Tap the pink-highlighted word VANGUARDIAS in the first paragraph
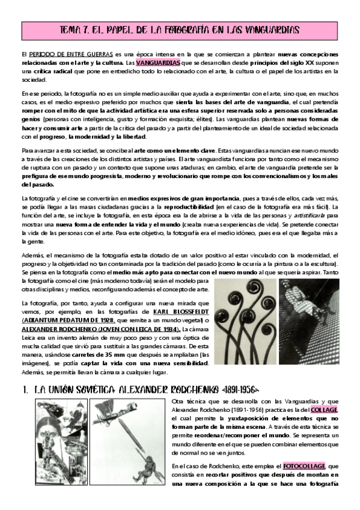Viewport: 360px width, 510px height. point(157,63)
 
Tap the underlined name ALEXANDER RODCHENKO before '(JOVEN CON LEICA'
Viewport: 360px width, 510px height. point(59,330)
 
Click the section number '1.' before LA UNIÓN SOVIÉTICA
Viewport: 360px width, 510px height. point(25,389)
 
